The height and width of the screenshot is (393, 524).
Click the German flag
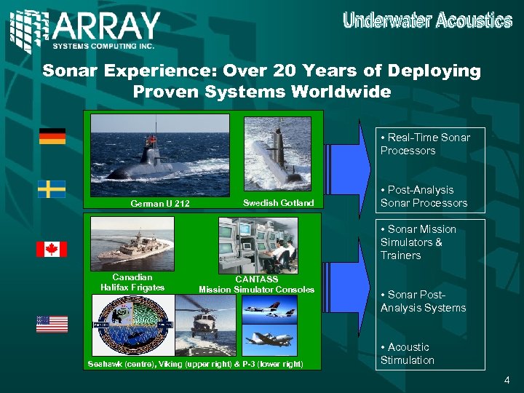point(52,136)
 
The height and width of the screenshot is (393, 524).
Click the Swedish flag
point(52,189)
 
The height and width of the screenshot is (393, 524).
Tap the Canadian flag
point(52,249)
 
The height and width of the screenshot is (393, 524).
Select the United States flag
point(52,324)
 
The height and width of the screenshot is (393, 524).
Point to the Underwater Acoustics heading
point(427,20)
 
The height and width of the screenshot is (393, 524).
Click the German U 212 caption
point(159,204)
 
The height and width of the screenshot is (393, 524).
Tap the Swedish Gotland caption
point(278,203)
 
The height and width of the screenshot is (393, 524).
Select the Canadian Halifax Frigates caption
point(132,282)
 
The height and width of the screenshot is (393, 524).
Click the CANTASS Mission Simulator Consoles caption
point(256,285)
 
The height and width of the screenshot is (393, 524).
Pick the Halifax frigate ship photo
point(132,244)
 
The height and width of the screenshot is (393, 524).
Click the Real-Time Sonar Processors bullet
point(424,144)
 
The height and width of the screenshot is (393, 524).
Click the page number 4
point(507,381)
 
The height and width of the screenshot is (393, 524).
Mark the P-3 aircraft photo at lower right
point(270,339)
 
